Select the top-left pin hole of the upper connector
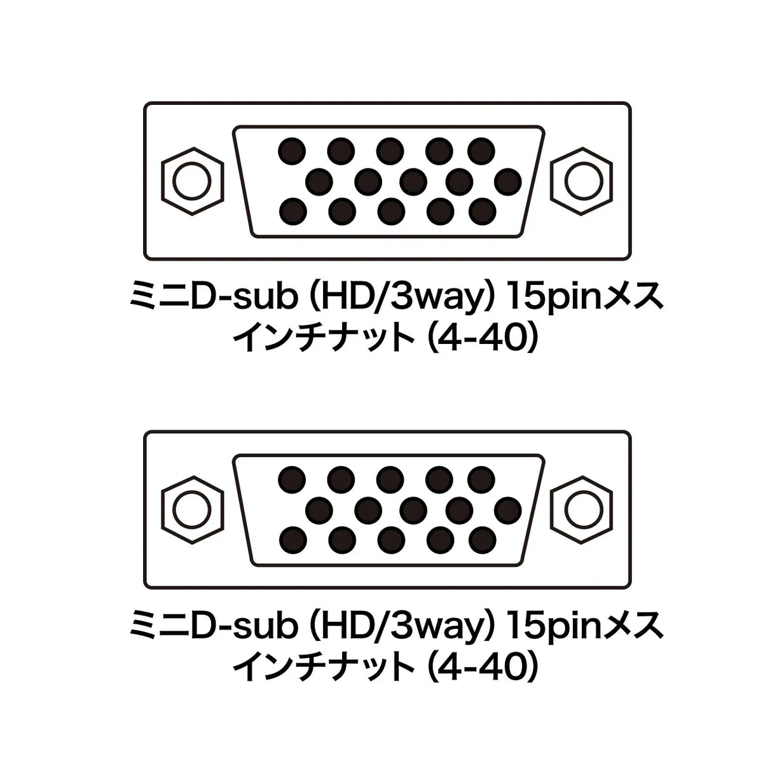(x=292, y=151)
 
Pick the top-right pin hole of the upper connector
(x=481, y=151)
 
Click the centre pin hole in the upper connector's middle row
(x=413, y=181)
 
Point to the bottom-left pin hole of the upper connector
(x=293, y=211)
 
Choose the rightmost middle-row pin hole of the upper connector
(x=508, y=181)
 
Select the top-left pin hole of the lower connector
(x=292, y=479)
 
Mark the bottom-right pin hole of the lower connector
(x=482, y=539)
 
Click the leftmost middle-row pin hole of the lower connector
(x=319, y=509)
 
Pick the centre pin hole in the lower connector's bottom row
(x=391, y=539)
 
